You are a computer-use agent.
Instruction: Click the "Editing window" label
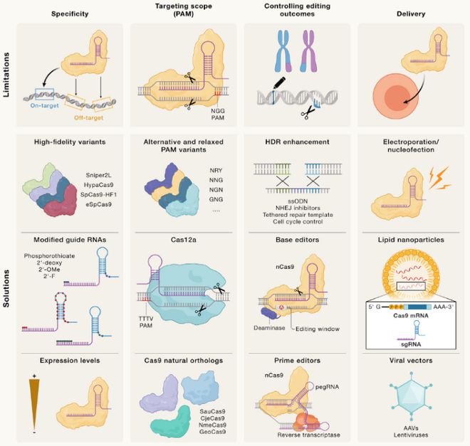tap(317, 329)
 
